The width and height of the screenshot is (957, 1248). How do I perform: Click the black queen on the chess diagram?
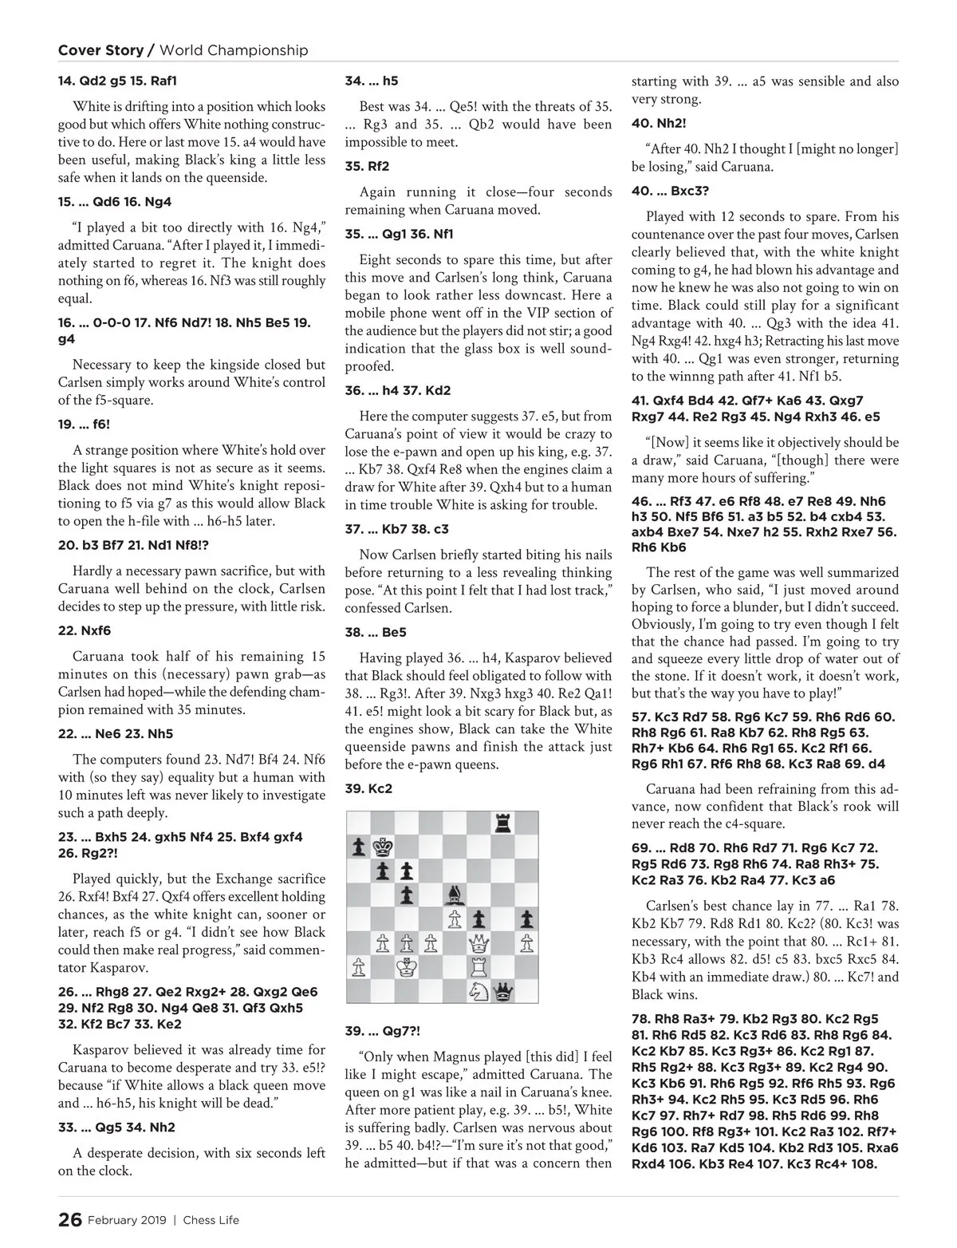pyautogui.click(x=502, y=992)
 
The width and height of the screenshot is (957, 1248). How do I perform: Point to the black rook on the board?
pyautogui.click(x=502, y=822)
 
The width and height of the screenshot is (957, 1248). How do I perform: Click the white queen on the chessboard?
pyautogui.click(x=478, y=943)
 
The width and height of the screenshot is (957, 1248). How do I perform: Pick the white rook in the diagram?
pyautogui.click(x=478, y=967)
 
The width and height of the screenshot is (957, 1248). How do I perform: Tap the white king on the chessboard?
pyautogui.click(x=407, y=967)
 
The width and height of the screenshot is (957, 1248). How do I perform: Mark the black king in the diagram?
pyautogui.click(x=383, y=847)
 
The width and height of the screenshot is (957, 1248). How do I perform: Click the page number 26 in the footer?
pyautogui.click(x=69, y=1219)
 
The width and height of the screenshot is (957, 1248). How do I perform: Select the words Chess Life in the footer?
pyautogui.click(x=211, y=1220)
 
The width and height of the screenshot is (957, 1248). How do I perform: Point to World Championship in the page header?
pyautogui.click(x=234, y=50)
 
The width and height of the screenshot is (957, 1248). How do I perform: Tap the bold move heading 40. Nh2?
pyautogui.click(x=659, y=124)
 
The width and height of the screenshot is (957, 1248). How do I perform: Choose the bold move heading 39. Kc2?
pyautogui.click(x=368, y=788)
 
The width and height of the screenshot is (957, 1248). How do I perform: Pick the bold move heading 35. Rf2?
pyautogui.click(x=367, y=167)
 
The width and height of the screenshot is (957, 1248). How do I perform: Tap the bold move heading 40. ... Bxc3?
pyautogui.click(x=670, y=192)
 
